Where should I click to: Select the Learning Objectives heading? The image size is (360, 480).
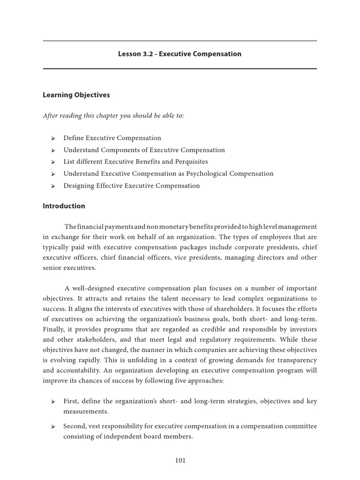tap(76, 95)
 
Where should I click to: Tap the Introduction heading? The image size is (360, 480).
tap(64, 206)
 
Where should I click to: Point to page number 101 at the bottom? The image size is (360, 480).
tap(180, 460)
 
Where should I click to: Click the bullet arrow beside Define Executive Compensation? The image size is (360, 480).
tap(53, 138)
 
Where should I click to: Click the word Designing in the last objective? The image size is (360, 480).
tap(78, 186)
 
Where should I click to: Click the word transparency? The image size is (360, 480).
tap(297, 360)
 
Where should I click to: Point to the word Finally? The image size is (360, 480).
tap(54, 329)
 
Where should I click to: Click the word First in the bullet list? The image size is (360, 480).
tap(71, 401)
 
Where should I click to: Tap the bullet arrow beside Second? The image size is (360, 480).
tap(53, 427)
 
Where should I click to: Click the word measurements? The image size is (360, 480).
tap(86, 411)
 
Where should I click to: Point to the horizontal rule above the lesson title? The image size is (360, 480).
tap(180, 41)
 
